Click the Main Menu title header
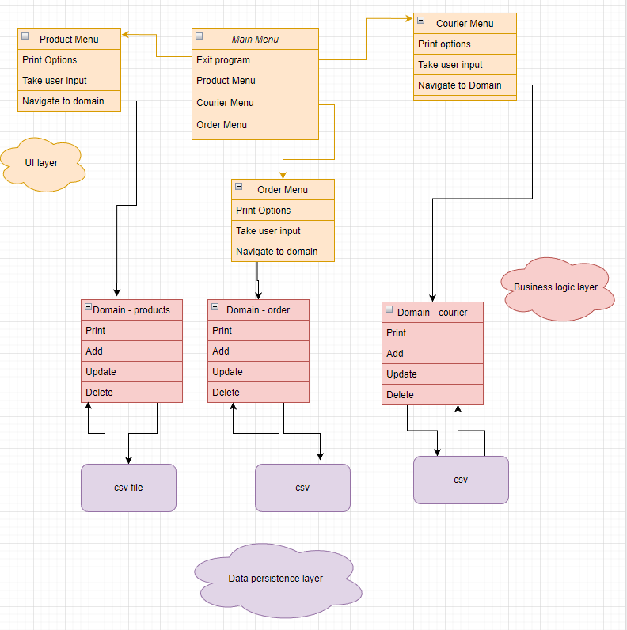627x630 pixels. [x=255, y=39]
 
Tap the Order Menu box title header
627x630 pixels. [x=283, y=189]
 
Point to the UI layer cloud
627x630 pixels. [x=41, y=163]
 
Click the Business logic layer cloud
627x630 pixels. [x=556, y=287]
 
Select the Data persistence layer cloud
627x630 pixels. [x=275, y=578]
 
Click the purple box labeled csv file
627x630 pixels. [x=128, y=488]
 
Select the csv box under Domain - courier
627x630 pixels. [x=461, y=480]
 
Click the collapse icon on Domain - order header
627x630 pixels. [x=215, y=307]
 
